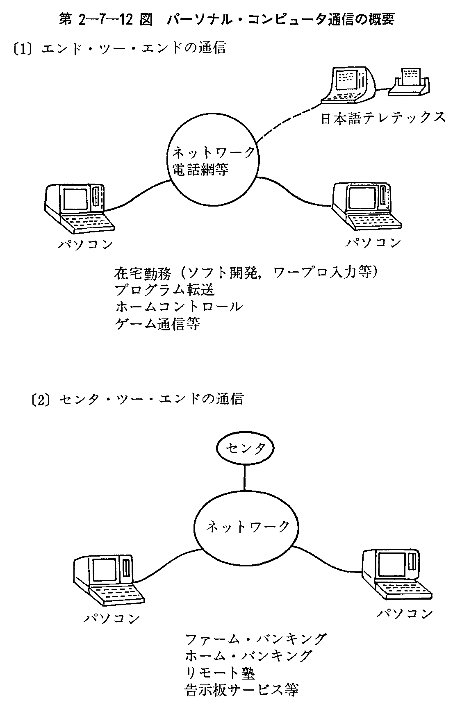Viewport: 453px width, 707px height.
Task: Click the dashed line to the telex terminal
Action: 291,119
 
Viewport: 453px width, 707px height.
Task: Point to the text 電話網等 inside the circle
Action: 200,169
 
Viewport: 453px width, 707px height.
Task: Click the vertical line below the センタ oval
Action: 245,477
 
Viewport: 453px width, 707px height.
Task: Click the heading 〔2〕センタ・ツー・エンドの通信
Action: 137,399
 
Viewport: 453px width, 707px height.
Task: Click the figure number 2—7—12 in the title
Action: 109,20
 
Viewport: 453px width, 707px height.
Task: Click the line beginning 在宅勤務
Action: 246,272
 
